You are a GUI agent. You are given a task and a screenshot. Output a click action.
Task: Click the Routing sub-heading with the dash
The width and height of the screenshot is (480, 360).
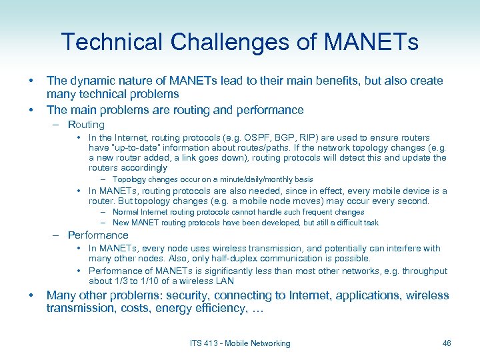tap(86, 125)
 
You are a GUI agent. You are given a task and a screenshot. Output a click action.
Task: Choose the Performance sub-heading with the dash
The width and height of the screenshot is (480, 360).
tap(97, 235)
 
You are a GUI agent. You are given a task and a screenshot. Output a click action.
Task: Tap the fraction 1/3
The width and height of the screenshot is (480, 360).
tap(121, 281)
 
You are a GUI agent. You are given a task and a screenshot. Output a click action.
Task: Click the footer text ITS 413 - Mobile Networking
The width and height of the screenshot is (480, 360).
tap(240, 343)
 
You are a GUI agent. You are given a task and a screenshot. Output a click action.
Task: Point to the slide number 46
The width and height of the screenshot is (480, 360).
tap(446, 343)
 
